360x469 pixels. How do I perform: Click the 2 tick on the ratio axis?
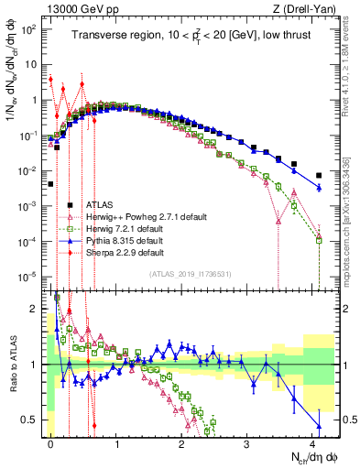(x=33, y=308)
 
